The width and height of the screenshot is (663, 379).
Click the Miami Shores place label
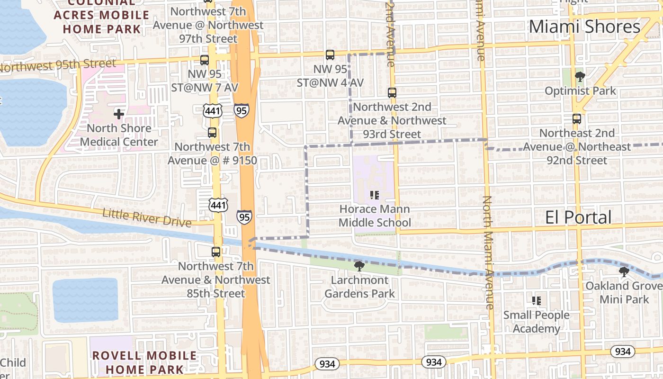[x=584, y=27]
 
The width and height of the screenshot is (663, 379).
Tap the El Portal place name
[x=578, y=217]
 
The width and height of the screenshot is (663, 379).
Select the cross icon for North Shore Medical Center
[x=119, y=114]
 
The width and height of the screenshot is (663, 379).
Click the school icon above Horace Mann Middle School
[x=375, y=195]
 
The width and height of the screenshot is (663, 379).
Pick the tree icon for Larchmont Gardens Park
[x=359, y=266]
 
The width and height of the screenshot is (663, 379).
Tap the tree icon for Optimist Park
[x=579, y=76]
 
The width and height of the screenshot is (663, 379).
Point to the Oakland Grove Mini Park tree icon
[x=624, y=272]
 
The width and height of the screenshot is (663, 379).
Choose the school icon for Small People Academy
[x=537, y=300]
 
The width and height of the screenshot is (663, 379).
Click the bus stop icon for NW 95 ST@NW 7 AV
[x=205, y=60]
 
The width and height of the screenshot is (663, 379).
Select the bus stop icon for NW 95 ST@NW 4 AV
[x=330, y=55]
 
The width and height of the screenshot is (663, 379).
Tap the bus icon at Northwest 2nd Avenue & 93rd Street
[x=392, y=92]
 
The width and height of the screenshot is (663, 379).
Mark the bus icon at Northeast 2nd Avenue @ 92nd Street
[x=577, y=118]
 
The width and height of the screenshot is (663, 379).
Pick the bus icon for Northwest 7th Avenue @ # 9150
[x=212, y=133]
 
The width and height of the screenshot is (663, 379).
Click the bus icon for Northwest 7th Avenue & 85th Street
[x=216, y=252]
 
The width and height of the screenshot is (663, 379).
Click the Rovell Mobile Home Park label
[x=144, y=362]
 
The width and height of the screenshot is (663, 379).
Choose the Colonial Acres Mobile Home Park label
[x=101, y=15]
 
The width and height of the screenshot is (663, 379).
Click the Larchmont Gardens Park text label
[x=359, y=287]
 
